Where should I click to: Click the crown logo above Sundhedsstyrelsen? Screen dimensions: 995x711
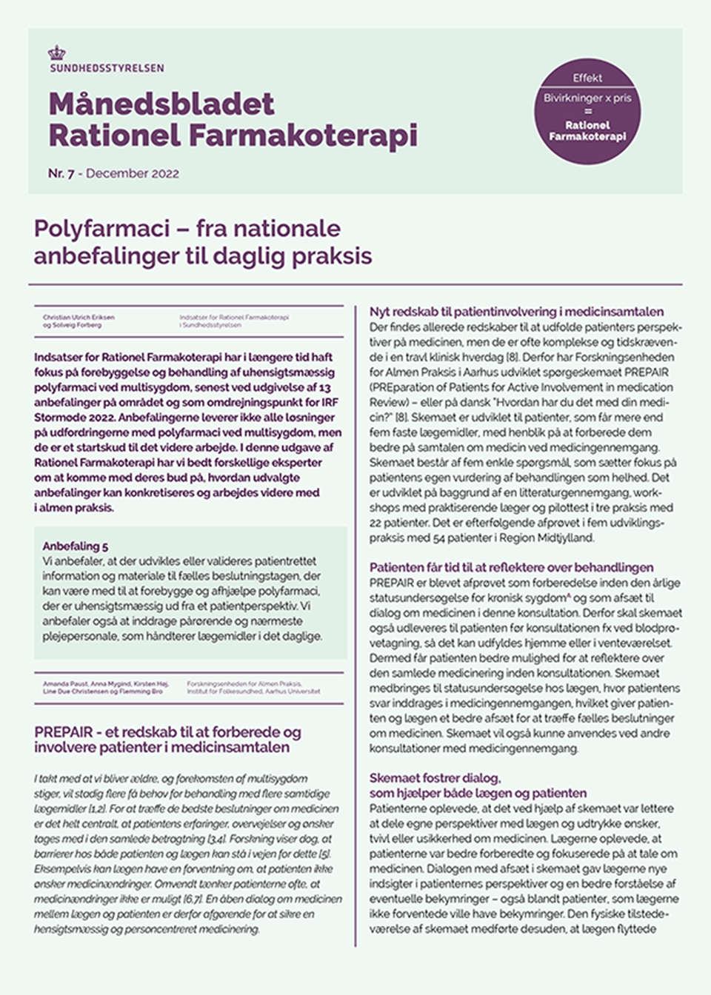56,53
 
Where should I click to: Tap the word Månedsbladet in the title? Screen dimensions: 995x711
161,104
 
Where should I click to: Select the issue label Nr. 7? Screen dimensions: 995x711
61,173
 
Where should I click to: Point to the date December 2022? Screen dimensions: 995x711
133,173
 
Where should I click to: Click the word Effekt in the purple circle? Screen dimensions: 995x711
587,78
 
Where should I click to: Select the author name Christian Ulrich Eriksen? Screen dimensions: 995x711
79,317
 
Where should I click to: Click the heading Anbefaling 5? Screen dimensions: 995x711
75,546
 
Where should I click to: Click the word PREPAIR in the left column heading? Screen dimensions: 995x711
64,732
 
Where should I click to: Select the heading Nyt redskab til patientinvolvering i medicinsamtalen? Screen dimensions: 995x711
516,312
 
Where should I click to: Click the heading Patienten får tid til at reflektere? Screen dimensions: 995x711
511,567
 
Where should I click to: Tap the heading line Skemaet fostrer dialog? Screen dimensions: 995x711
435,777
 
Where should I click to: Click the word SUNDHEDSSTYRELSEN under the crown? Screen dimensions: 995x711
106,68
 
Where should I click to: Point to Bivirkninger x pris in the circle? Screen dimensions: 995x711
587,98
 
